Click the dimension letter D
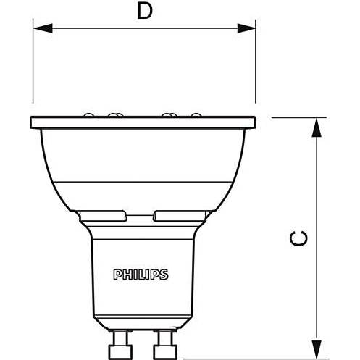click(x=145, y=12)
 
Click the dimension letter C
click(x=298, y=238)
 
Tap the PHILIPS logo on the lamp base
click(x=141, y=275)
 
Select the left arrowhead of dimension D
click(x=43, y=28)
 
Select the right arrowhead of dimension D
click(x=246, y=28)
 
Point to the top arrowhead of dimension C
click(x=317, y=127)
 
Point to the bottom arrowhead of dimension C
click(x=317, y=349)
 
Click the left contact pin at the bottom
click(x=120, y=345)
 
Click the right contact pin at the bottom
click(x=165, y=345)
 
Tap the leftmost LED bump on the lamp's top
click(x=88, y=115)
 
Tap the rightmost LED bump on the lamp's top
click(x=196, y=115)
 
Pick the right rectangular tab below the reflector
click(x=180, y=216)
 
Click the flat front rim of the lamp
click(x=143, y=122)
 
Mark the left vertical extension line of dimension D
click(x=33, y=61)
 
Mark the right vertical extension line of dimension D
click(x=256, y=61)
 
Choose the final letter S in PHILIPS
click(x=164, y=275)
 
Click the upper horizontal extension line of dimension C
click(x=299, y=118)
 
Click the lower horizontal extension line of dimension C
click(x=256, y=359)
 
